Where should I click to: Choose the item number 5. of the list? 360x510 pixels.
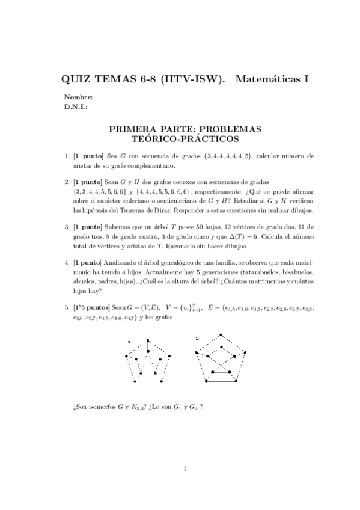click(67, 308)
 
